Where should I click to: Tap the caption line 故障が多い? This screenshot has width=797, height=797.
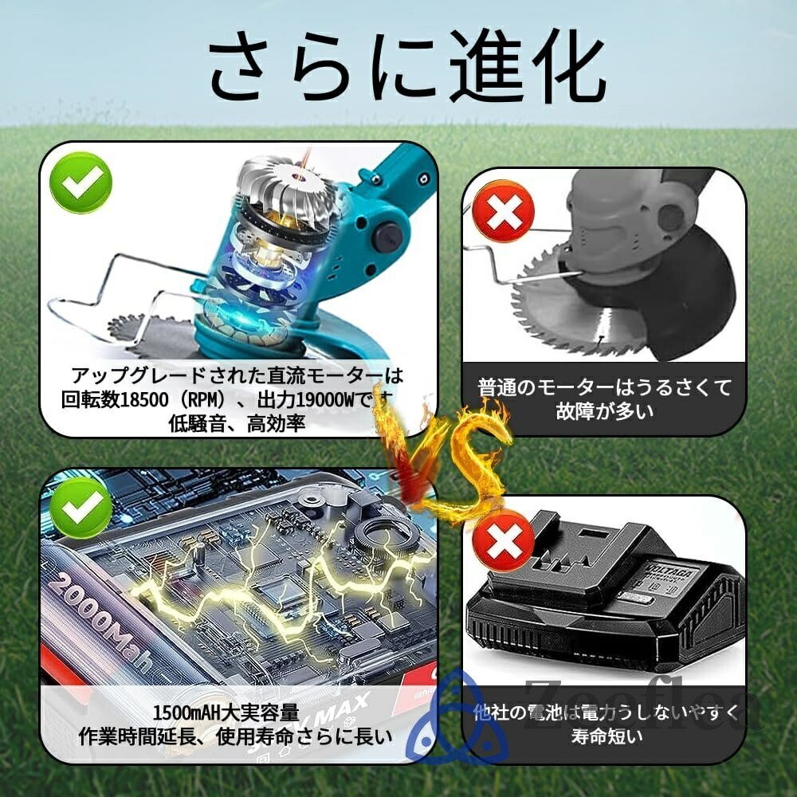[603, 411]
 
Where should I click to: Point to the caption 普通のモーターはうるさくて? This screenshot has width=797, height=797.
[603, 387]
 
